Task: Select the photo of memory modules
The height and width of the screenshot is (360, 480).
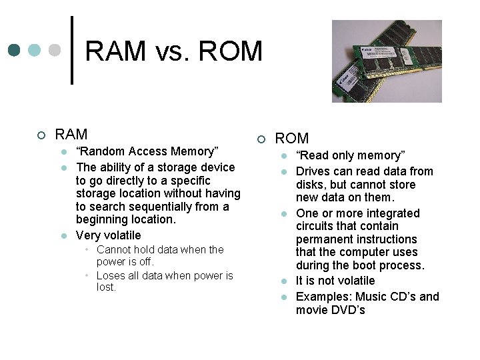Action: coord(387,61)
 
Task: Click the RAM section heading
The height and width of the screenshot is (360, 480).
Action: coord(71,135)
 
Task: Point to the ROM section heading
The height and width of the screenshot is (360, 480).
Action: coord(292,139)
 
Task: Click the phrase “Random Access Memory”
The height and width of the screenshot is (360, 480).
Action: coord(147,151)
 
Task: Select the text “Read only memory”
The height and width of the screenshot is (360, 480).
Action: coord(351,155)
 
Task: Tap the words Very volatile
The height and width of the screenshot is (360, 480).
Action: coord(109,235)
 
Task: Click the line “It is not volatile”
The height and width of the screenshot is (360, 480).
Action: coord(335,281)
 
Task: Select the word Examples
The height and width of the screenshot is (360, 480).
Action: coord(323,297)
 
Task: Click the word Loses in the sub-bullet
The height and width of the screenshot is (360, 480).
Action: coord(111,275)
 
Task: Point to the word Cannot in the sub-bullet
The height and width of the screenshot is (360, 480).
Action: coord(114,249)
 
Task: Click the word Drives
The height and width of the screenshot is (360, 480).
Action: coord(313,171)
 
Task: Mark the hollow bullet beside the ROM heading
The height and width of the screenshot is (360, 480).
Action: coord(261,139)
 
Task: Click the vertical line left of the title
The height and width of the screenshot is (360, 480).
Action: coord(72,50)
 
